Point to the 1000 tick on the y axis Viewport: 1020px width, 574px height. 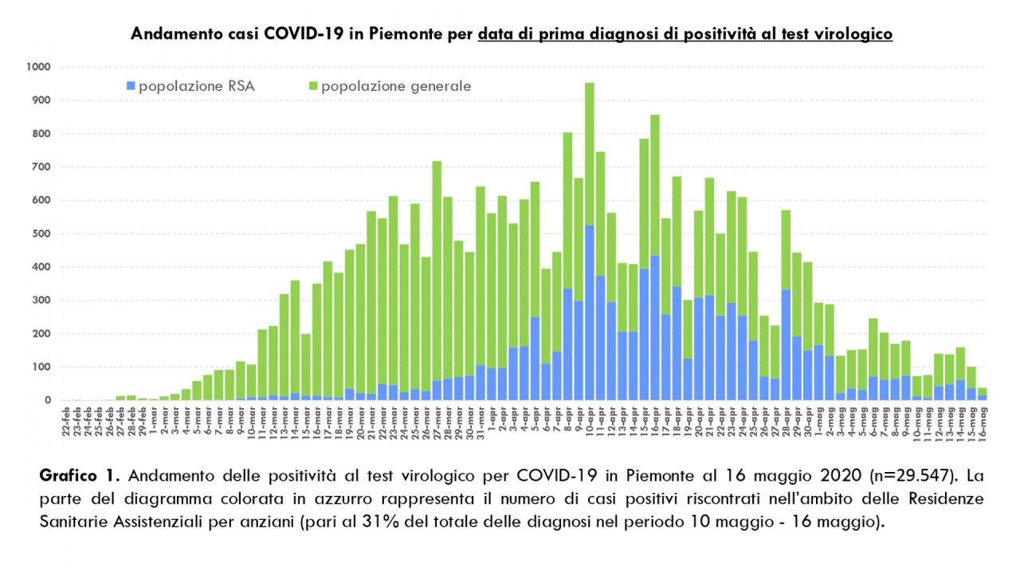click(x=37, y=67)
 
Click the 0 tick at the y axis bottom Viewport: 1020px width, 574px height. click(x=48, y=400)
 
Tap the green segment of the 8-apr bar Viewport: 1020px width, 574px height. click(x=568, y=199)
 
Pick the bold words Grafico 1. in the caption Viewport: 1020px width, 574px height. click(x=80, y=477)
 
